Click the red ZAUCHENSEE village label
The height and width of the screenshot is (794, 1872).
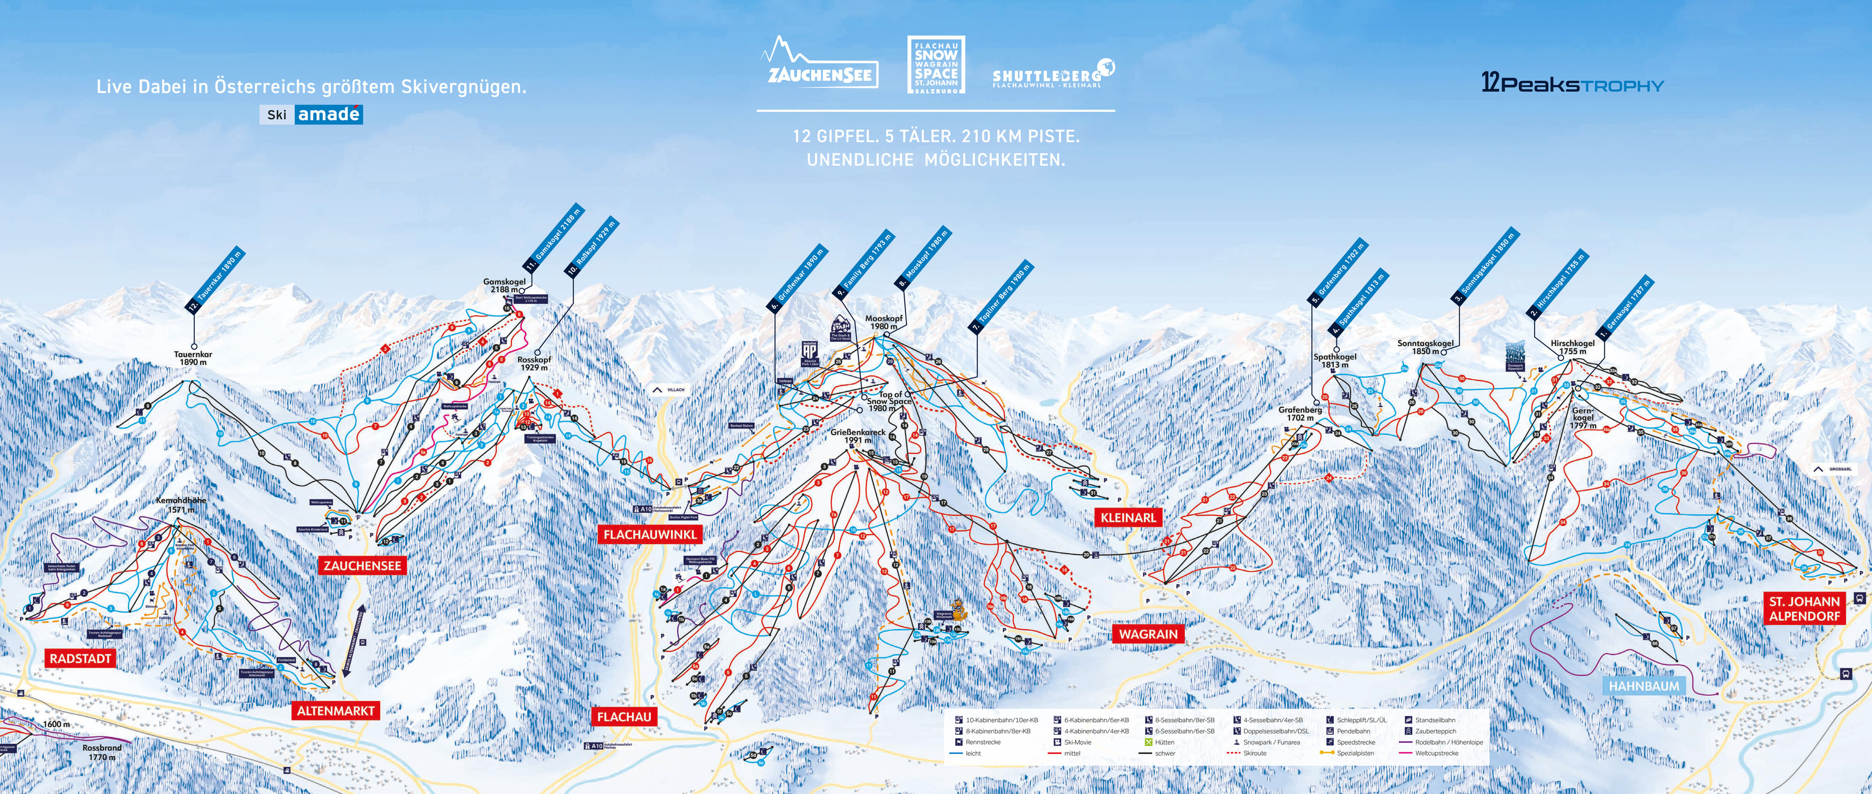(x=362, y=565)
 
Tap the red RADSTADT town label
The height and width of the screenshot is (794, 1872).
(x=80, y=658)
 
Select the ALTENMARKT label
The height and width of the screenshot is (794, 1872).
(x=335, y=710)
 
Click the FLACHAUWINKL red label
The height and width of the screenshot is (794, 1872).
(x=650, y=534)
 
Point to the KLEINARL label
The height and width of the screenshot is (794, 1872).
(x=1128, y=517)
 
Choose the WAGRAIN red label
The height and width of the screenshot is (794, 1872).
(x=1148, y=634)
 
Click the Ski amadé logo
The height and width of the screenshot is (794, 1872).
(x=311, y=114)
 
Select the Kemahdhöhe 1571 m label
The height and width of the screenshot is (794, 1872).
(x=181, y=505)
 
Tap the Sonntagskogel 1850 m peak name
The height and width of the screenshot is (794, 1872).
(x=1424, y=347)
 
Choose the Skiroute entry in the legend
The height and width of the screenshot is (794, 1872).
(x=1254, y=753)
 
